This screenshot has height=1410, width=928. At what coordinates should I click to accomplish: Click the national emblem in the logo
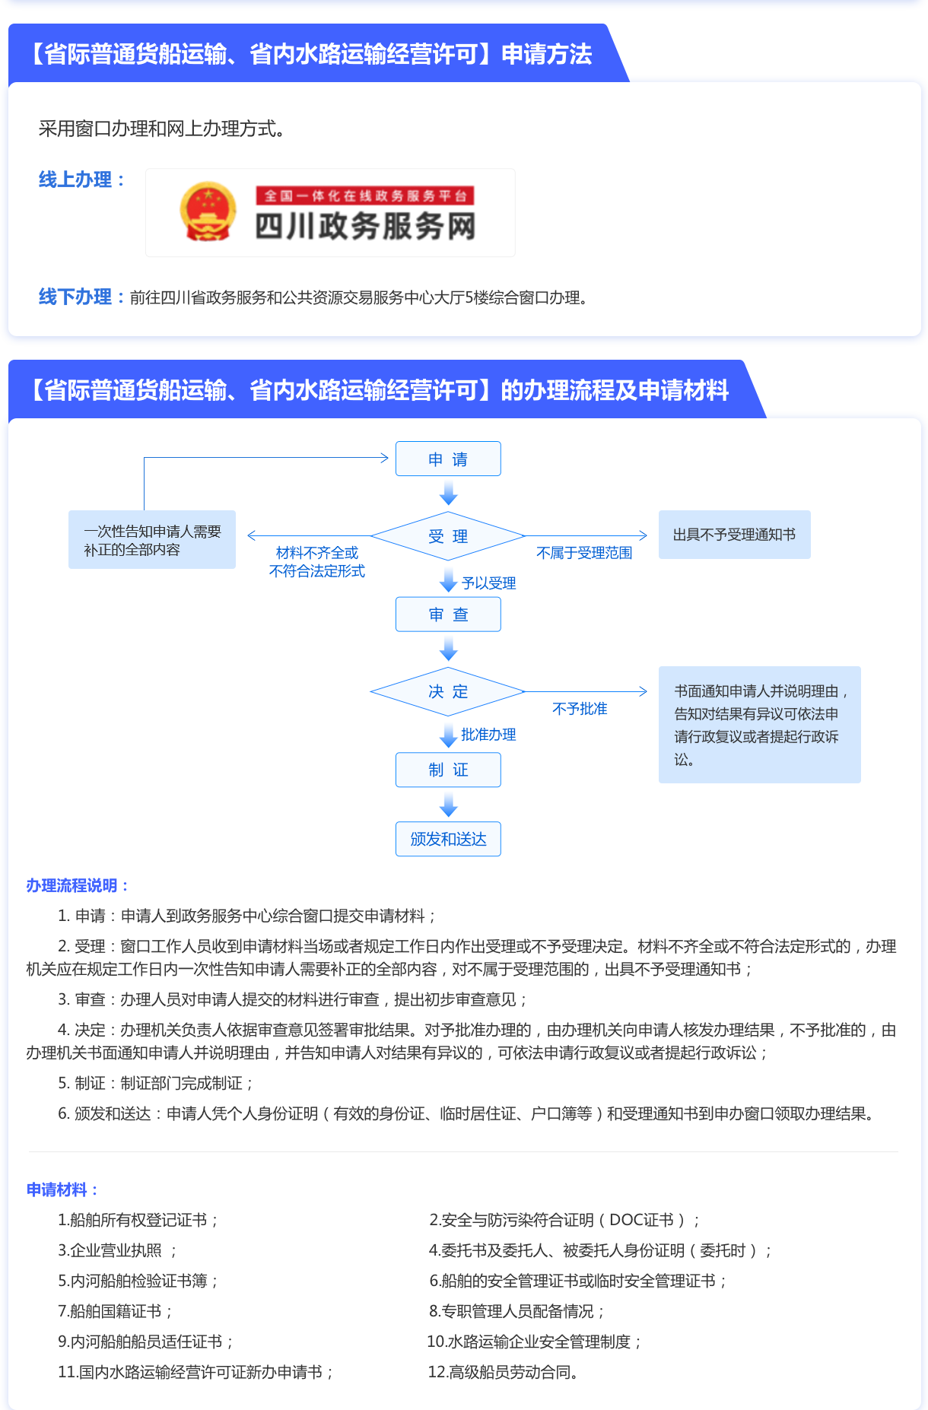click(208, 212)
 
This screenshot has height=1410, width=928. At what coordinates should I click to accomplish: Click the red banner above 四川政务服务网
click(365, 195)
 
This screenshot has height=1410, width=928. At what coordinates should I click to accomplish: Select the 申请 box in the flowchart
click(448, 459)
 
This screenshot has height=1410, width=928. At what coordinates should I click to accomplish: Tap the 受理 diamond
click(448, 536)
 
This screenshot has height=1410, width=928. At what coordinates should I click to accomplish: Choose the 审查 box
click(448, 614)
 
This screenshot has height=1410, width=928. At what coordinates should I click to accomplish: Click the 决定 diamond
click(448, 691)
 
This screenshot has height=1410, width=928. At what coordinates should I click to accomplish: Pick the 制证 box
click(448, 770)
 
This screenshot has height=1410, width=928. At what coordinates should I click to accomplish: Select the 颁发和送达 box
click(448, 839)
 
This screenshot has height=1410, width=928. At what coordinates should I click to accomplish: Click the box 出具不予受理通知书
click(734, 535)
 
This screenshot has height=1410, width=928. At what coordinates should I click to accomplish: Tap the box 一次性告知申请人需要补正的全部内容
click(152, 540)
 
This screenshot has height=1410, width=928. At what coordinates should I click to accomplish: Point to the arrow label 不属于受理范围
click(584, 553)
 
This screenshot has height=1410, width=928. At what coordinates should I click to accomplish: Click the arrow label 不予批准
click(580, 709)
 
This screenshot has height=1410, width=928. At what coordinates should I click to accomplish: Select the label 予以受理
click(488, 583)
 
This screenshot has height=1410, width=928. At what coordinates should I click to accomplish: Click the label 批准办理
click(488, 735)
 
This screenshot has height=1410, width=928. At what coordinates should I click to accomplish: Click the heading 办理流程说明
click(77, 885)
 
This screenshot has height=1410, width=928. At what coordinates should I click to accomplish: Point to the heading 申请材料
click(62, 1189)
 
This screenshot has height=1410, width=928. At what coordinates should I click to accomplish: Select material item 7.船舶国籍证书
click(116, 1311)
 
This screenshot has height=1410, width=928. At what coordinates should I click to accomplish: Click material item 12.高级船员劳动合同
click(503, 1372)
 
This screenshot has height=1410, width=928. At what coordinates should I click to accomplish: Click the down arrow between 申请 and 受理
click(449, 494)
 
